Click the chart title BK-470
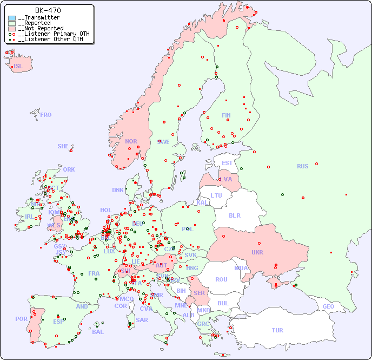(x=48, y=10)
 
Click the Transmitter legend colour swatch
(x=12, y=18)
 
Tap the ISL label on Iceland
(x=18, y=67)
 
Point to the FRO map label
(x=46, y=115)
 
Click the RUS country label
(x=302, y=166)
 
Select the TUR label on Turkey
(x=277, y=330)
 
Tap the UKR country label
(x=257, y=252)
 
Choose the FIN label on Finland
(x=226, y=115)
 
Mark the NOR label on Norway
(x=131, y=141)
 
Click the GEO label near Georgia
(x=328, y=306)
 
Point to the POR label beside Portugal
(x=21, y=319)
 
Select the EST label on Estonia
(x=227, y=163)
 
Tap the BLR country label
(x=234, y=215)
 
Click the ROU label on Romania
(x=221, y=279)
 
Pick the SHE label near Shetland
(x=63, y=146)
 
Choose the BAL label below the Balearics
(x=98, y=332)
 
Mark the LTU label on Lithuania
(x=216, y=195)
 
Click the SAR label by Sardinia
(x=142, y=319)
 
